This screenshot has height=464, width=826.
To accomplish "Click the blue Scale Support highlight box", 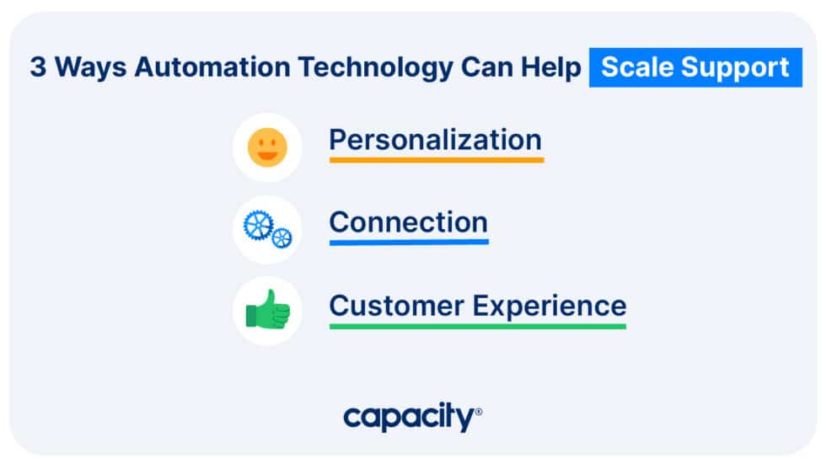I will (x=695, y=67).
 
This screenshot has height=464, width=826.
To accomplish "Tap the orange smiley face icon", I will (x=267, y=147).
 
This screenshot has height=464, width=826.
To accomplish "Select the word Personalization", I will (x=435, y=139).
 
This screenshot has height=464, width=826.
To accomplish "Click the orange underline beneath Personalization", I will (x=436, y=158).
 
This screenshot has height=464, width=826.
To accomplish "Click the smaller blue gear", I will (x=282, y=238).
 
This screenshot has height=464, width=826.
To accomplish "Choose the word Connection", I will (x=408, y=222).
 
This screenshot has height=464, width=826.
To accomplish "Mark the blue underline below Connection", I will (x=408, y=242).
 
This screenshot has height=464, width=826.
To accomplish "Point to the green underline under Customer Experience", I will (x=477, y=325).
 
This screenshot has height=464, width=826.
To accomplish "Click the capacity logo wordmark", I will (x=409, y=417).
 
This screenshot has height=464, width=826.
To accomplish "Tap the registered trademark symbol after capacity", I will (x=479, y=412).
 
